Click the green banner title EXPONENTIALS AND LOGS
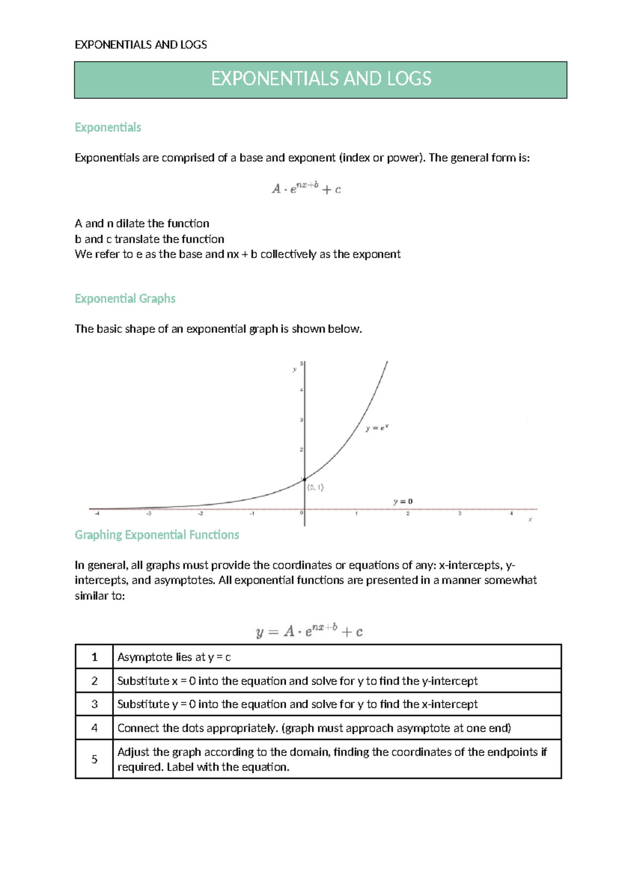pos(321,79)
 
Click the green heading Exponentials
pos(108,127)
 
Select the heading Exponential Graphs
pos(125,298)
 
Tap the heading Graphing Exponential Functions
pos(157,535)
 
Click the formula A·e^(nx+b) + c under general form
pos(306,189)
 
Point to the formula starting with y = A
pos(309,631)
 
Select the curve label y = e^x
pos(377,428)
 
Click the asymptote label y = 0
pos(403,501)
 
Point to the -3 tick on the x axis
pos(149,514)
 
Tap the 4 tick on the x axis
pos(512,514)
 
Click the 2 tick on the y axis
pos(301,450)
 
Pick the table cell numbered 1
pos(94,657)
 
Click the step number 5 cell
pos(94,759)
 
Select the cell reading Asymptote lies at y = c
pos(174,657)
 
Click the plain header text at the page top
pos(141,45)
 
